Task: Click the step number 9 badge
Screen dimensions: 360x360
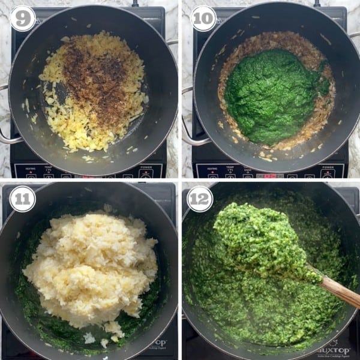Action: click(x=22, y=19)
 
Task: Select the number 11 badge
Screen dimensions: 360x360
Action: click(x=22, y=199)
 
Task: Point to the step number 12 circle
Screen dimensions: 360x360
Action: click(x=200, y=199)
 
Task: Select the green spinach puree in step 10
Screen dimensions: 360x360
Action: click(x=273, y=96)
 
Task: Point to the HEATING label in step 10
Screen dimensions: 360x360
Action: click(x=212, y=169)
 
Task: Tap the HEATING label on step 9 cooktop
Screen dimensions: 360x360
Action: click(x=30, y=169)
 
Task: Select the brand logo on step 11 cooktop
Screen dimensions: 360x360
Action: click(x=157, y=348)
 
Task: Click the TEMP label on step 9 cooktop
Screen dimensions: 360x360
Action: click(x=49, y=169)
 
